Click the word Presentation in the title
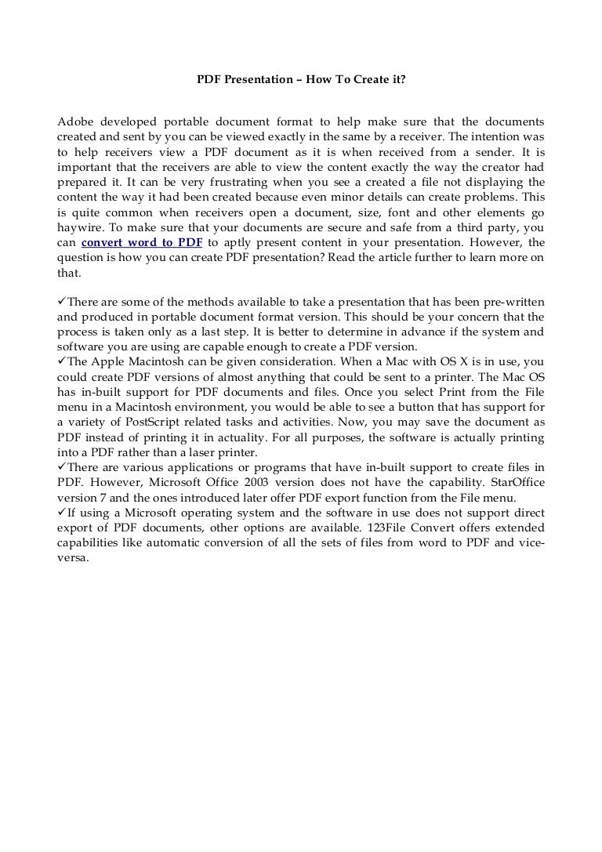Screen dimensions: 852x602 pos(254,78)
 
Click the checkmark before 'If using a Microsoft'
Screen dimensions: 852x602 pos(63,513)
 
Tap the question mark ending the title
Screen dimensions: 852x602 pos(403,78)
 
